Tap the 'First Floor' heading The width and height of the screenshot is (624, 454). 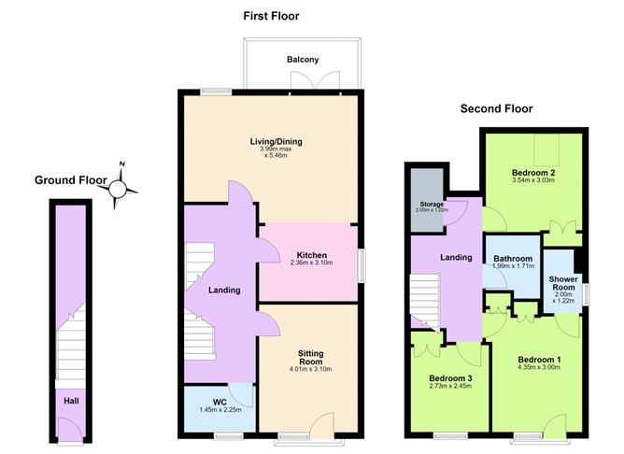coord(271,16)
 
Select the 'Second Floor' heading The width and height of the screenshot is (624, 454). coord(496,108)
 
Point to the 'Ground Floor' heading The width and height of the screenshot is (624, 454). coord(71,180)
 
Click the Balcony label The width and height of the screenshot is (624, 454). coord(303,60)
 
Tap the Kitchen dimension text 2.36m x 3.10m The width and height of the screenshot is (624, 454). coord(312,262)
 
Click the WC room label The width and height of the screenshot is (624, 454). coord(220,403)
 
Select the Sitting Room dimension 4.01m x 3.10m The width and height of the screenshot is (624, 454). coord(310,369)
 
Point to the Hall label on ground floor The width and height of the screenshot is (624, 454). coord(71,401)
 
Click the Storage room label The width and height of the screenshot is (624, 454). coord(432,205)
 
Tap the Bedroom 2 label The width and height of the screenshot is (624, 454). coord(533,173)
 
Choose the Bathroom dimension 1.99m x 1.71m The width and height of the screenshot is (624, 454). coord(514,266)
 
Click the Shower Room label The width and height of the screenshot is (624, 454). coord(563,283)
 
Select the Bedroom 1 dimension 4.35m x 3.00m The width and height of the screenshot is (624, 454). coord(539,367)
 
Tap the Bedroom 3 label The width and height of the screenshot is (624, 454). coord(450,378)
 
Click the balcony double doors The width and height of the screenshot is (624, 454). coord(315,80)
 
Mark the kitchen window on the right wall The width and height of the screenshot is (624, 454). coord(362,266)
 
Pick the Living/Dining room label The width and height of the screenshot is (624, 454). coord(276,141)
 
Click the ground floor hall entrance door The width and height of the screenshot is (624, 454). coord(70,429)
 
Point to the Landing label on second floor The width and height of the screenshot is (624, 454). coord(456,258)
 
